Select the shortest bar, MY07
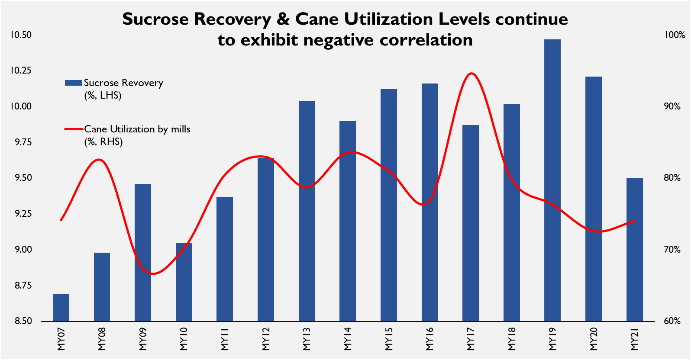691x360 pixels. pyautogui.click(x=61, y=308)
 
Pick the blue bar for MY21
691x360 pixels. pyautogui.click(x=634, y=250)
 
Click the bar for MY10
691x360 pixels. pyautogui.click(x=184, y=282)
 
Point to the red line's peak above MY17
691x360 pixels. pyautogui.click(x=471, y=74)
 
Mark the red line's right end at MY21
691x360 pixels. pyautogui.click(x=634, y=221)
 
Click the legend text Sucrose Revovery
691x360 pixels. pyautogui.click(x=123, y=83)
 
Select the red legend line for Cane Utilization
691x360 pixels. pyautogui.click(x=74, y=129)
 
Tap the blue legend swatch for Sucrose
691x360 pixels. pyautogui.click(x=73, y=83)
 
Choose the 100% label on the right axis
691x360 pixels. pyautogui.click(x=675, y=35)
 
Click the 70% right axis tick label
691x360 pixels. pyautogui.click(x=672, y=250)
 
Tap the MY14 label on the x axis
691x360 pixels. pyautogui.click(x=348, y=339)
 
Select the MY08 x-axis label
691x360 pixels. pyautogui.click(x=102, y=339)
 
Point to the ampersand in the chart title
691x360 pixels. pyautogui.click(x=283, y=19)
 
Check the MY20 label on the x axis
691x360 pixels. pyautogui.click(x=594, y=339)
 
